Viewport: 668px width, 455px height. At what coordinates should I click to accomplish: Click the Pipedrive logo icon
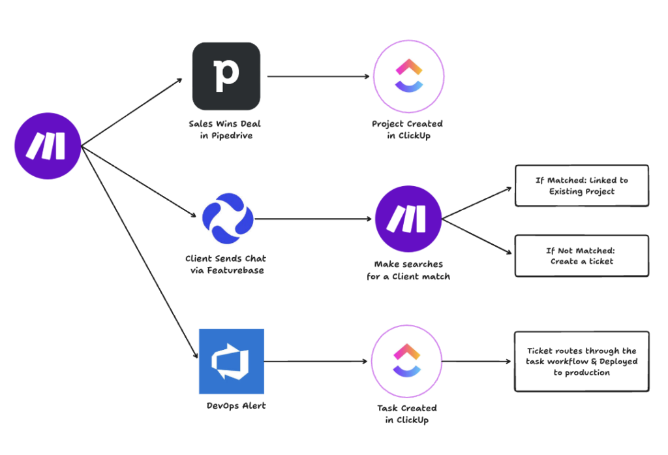pyautogui.click(x=226, y=76)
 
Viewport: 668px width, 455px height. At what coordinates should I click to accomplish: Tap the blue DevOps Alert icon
pyautogui.click(x=231, y=361)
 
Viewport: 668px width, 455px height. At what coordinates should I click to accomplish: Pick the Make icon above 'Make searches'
pyautogui.click(x=408, y=219)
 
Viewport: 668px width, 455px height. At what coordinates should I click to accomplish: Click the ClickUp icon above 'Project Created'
pyautogui.click(x=407, y=77)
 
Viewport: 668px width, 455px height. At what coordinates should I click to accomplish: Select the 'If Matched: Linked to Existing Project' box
pyautogui.click(x=582, y=186)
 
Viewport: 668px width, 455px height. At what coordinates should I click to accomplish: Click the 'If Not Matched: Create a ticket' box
pyautogui.click(x=582, y=256)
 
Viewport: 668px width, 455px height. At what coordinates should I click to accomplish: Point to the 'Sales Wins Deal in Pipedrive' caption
pyautogui.click(x=226, y=129)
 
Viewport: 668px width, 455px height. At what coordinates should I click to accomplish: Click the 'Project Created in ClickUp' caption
pyautogui.click(x=407, y=129)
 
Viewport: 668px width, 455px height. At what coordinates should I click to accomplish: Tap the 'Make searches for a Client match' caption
pyautogui.click(x=408, y=270)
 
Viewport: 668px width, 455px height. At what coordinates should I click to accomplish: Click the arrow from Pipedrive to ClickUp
pyautogui.click(x=318, y=76)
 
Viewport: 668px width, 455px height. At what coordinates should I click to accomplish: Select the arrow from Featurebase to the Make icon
pyautogui.click(x=313, y=219)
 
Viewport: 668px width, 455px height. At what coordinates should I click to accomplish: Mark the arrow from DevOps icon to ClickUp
pyautogui.click(x=316, y=361)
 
